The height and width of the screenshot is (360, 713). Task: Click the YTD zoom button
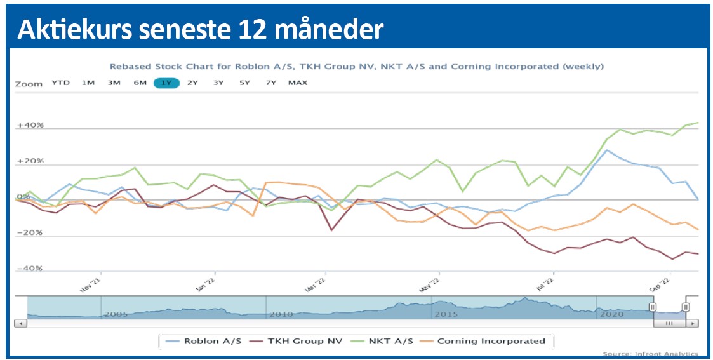click(61, 83)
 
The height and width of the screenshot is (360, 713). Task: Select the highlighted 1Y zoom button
click(166, 83)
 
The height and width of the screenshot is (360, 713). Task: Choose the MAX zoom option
click(297, 83)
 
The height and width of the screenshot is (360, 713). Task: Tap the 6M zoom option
click(140, 83)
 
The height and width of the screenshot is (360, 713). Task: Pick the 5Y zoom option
click(244, 83)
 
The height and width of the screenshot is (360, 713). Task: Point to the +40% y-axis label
click(30, 125)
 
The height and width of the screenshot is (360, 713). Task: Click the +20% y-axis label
click(30, 161)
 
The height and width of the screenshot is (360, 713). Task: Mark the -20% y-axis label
click(30, 233)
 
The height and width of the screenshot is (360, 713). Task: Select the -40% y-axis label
click(30, 269)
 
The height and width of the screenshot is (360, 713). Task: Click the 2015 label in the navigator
click(446, 314)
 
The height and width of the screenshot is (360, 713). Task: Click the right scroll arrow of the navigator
click(691, 323)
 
